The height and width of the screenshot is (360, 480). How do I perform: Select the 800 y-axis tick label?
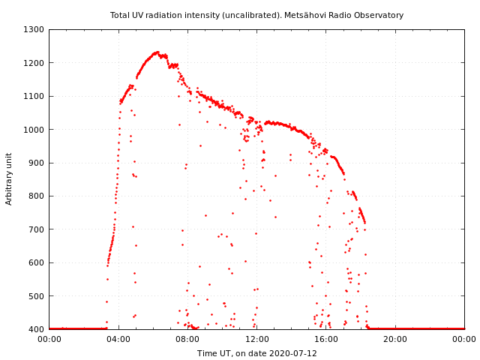(x=37, y=196)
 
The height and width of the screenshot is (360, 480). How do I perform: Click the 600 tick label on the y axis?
(x=37, y=262)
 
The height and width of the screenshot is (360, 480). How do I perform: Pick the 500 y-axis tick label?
(x=37, y=296)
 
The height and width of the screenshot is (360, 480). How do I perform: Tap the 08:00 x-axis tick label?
(x=187, y=339)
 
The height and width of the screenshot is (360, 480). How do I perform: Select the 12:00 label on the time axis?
(x=256, y=339)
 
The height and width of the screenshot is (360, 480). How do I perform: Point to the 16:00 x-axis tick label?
(x=326, y=339)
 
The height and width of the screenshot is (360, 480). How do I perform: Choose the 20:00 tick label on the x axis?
(x=395, y=339)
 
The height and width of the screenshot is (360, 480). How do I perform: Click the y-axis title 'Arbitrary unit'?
(x=9, y=178)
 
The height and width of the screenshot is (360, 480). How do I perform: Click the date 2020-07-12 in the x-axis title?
(x=294, y=353)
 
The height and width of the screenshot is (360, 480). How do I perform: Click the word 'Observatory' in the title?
(x=381, y=15)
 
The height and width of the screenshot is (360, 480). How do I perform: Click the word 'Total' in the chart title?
(x=120, y=15)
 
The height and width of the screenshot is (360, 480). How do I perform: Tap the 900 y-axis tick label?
(x=37, y=163)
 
